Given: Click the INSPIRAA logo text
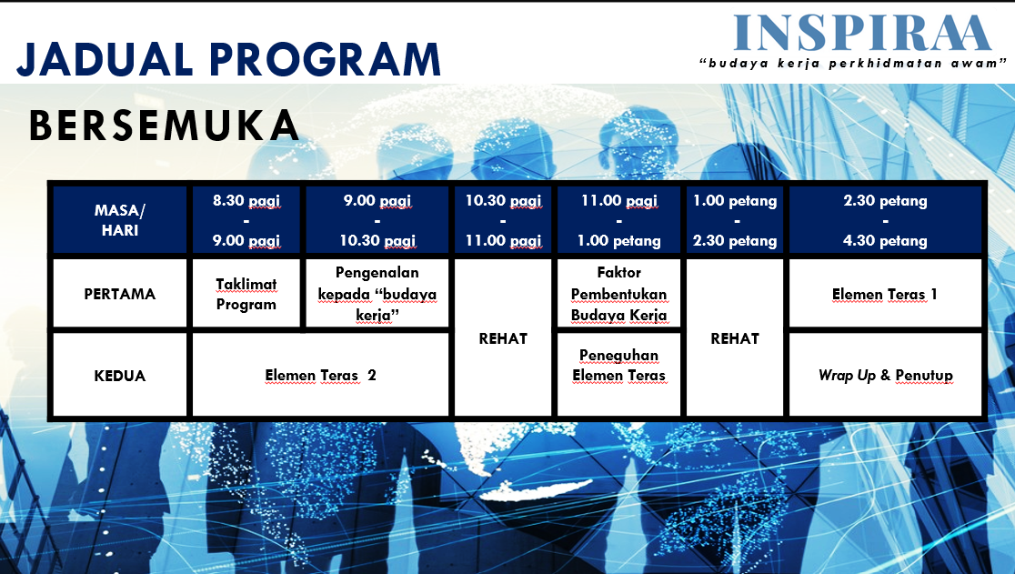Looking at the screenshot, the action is [x=862, y=33].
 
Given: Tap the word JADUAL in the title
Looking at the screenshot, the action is [x=105, y=59].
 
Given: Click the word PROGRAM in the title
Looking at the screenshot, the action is [x=325, y=59].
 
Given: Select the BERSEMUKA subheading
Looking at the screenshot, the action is [x=165, y=126].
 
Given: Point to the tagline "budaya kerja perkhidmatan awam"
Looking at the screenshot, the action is [x=853, y=64].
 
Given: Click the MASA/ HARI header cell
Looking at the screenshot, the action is [x=120, y=220].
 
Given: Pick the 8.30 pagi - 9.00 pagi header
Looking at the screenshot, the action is [x=246, y=220].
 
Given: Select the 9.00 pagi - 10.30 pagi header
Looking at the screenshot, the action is [x=377, y=220].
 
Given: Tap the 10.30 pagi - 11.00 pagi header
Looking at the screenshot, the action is [x=503, y=220].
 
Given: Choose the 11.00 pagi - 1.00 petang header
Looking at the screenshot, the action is [x=618, y=220].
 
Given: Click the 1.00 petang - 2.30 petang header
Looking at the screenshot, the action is [x=735, y=220].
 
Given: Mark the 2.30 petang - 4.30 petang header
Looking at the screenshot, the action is [x=885, y=220].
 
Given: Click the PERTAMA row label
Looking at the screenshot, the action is [x=120, y=294].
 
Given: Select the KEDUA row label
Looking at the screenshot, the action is [x=120, y=376].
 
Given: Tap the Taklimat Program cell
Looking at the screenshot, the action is [x=246, y=294].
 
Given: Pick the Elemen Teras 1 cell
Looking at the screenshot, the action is [x=885, y=294].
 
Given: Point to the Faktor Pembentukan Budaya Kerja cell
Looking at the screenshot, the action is [x=618, y=294].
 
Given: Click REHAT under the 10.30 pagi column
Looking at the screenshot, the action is [x=503, y=338].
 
